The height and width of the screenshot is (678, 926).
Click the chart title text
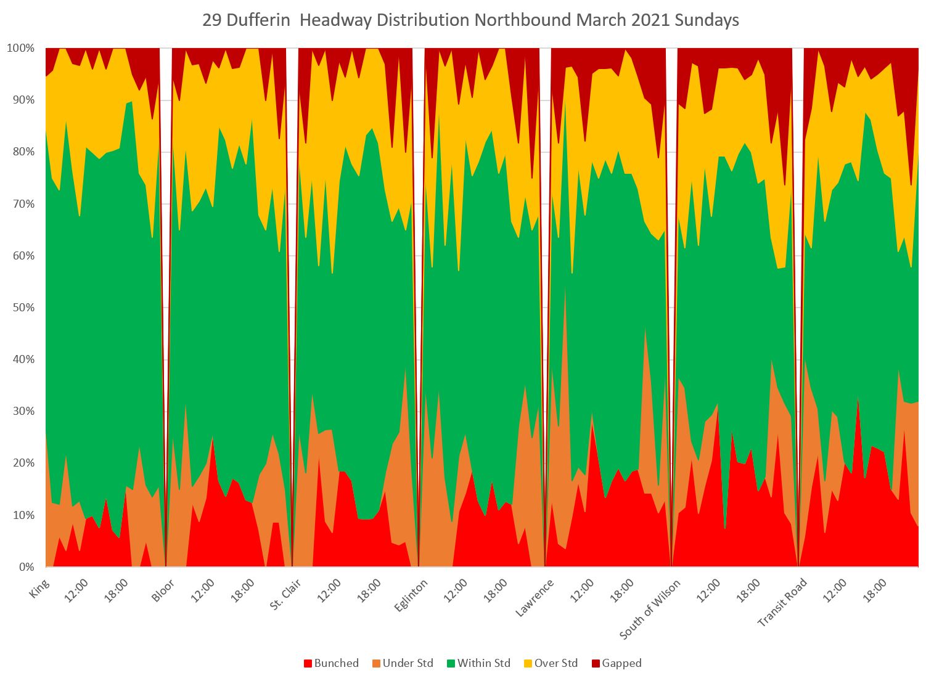click(x=470, y=20)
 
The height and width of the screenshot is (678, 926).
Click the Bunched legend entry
click(x=331, y=663)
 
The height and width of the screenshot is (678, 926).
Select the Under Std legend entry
click(x=403, y=663)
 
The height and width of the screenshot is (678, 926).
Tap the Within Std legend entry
click(x=478, y=663)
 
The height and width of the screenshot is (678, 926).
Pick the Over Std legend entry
click(x=550, y=663)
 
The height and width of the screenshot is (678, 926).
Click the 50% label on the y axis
click(x=23, y=308)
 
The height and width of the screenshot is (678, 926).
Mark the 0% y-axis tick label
click(x=27, y=566)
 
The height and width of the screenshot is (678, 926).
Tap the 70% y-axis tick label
click(x=23, y=203)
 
